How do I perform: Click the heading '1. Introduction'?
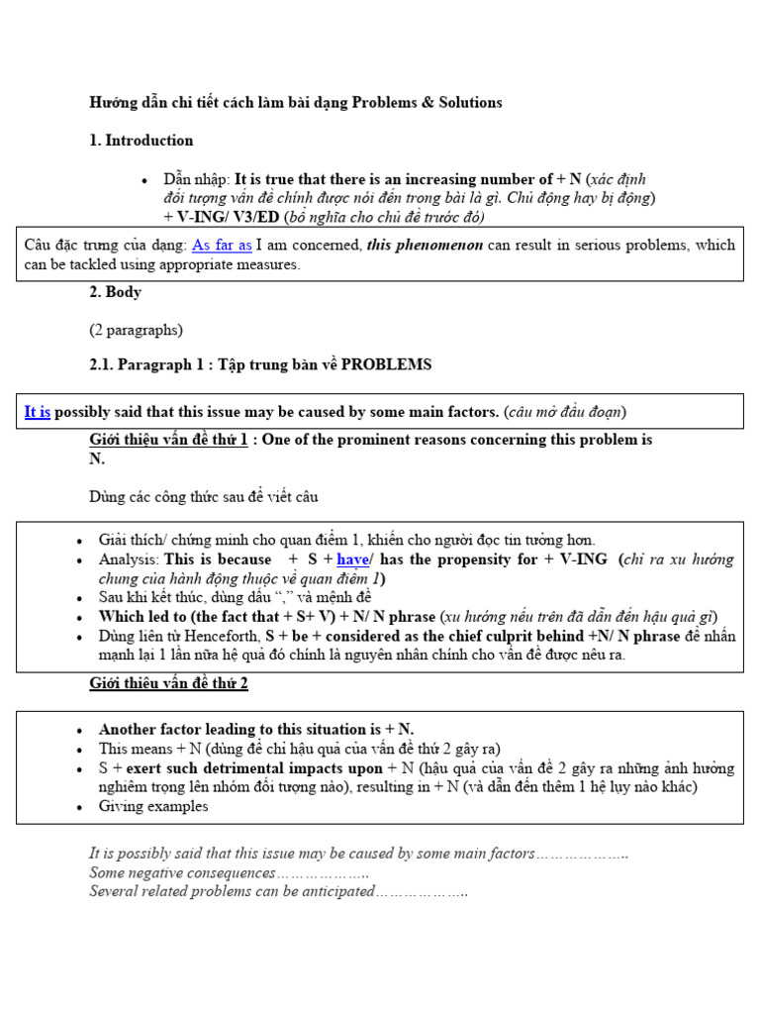[141, 141]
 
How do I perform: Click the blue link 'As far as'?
[222, 246]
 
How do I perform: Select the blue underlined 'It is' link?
[38, 412]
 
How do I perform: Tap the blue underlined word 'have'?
[354, 559]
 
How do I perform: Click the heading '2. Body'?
[115, 292]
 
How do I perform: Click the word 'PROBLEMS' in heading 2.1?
[387, 364]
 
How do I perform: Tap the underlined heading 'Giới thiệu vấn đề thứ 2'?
[168, 683]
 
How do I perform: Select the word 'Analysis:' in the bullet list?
[129, 559]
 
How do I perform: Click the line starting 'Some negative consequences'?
[228, 872]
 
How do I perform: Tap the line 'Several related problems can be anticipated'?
[277, 891]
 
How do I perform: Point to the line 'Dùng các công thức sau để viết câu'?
[204, 496]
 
